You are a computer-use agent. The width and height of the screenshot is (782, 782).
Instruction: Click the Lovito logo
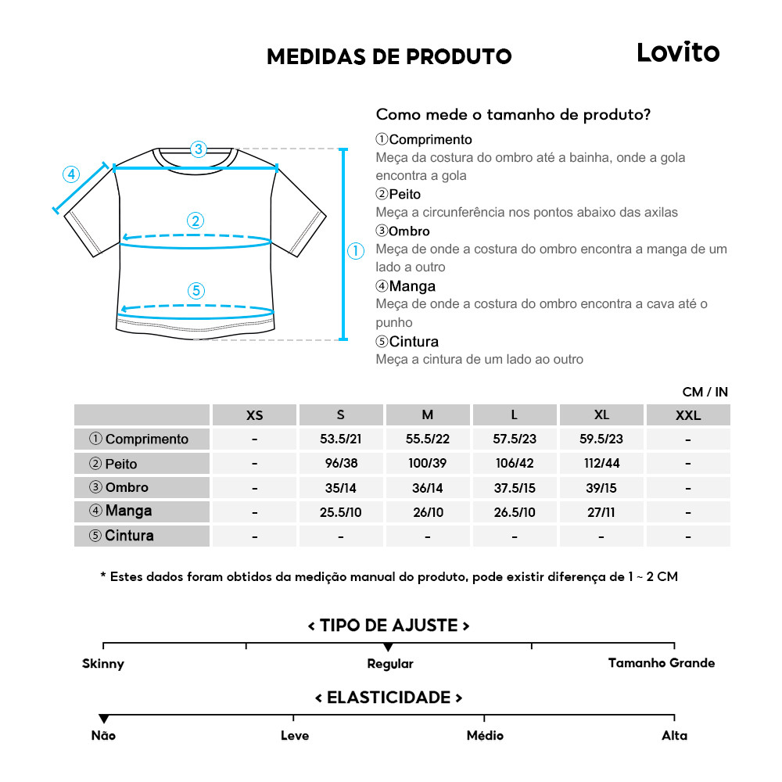coord(677,52)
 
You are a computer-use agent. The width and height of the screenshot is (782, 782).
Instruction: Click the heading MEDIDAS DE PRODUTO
coord(389,56)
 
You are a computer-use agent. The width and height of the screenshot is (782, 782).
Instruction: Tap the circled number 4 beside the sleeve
coord(71,174)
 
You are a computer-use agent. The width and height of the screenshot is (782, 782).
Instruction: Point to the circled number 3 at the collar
coord(198,149)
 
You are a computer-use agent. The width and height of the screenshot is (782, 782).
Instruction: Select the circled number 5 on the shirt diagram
coord(196,291)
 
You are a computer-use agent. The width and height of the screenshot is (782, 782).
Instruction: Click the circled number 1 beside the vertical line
coord(356,251)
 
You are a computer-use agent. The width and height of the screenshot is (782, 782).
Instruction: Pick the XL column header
coord(601,414)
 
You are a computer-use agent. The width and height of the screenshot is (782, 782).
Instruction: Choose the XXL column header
coord(688,415)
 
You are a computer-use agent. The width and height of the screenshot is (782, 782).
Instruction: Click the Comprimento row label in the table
coord(142,439)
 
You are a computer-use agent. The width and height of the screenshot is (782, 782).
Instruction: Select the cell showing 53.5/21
coord(340,439)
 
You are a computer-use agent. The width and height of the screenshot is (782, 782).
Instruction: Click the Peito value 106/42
coord(515,463)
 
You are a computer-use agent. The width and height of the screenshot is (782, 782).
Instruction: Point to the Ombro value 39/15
coord(601,487)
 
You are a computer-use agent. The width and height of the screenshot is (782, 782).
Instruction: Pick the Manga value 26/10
coord(428,512)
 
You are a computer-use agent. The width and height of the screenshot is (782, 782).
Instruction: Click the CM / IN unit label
coord(705,392)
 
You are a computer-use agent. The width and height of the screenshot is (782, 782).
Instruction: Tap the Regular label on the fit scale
coord(390,664)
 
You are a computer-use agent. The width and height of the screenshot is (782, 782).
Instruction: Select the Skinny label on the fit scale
coord(103,664)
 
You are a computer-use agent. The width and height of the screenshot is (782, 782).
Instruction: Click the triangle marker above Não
coord(103,719)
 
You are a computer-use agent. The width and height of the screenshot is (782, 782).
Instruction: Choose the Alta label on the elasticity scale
coord(674,736)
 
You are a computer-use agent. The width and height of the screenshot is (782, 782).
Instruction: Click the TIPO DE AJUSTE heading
coord(389,626)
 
